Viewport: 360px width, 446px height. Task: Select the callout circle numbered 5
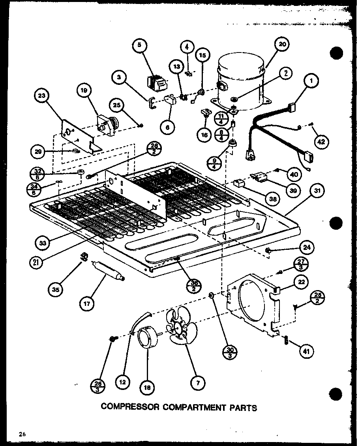139,45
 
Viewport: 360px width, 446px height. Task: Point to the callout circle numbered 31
318,191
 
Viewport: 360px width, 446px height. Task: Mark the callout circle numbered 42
321,141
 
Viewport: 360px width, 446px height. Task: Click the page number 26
21,434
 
